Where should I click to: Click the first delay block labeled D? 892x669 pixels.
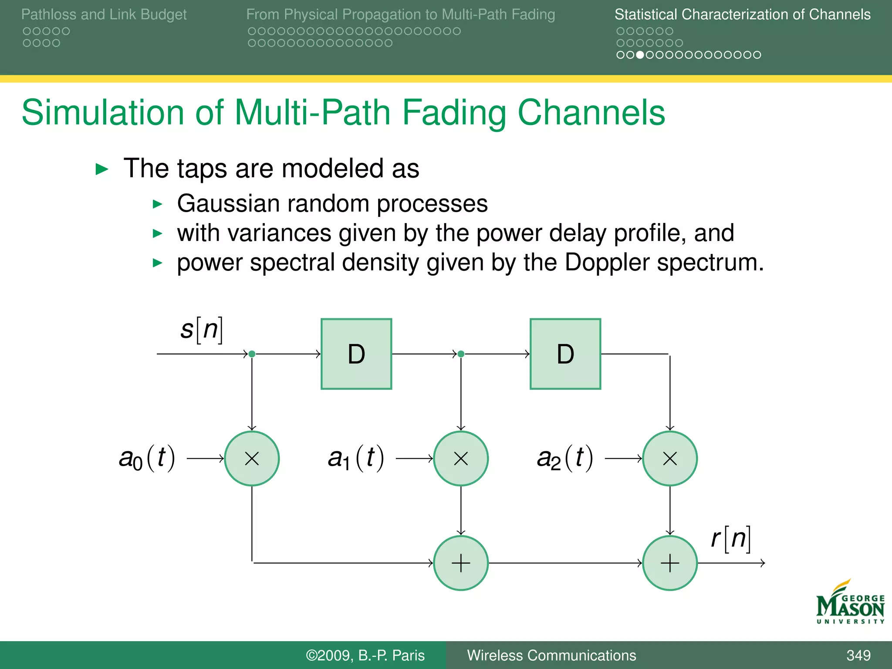click(356, 354)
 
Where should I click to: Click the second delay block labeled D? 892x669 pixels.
click(565, 354)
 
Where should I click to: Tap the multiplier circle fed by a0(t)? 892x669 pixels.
click(252, 458)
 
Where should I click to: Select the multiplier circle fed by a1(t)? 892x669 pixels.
click(461, 458)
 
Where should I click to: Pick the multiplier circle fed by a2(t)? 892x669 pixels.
click(670, 458)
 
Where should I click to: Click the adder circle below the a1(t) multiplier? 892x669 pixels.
click(461, 563)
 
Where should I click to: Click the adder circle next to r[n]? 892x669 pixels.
click(670, 563)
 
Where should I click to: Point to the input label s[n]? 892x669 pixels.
click(202, 330)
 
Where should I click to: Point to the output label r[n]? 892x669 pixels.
click(731, 539)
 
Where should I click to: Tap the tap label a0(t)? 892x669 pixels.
click(147, 458)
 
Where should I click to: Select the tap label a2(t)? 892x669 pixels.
click(565, 458)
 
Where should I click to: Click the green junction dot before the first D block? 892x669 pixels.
click(252, 354)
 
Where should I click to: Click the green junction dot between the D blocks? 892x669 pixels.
click(461, 354)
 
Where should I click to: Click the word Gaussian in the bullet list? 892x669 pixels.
click(228, 204)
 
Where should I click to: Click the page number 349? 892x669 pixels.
click(858, 655)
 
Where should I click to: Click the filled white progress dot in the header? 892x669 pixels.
click(640, 55)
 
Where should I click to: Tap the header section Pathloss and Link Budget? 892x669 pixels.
click(104, 14)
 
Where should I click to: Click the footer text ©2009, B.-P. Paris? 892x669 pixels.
click(365, 655)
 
